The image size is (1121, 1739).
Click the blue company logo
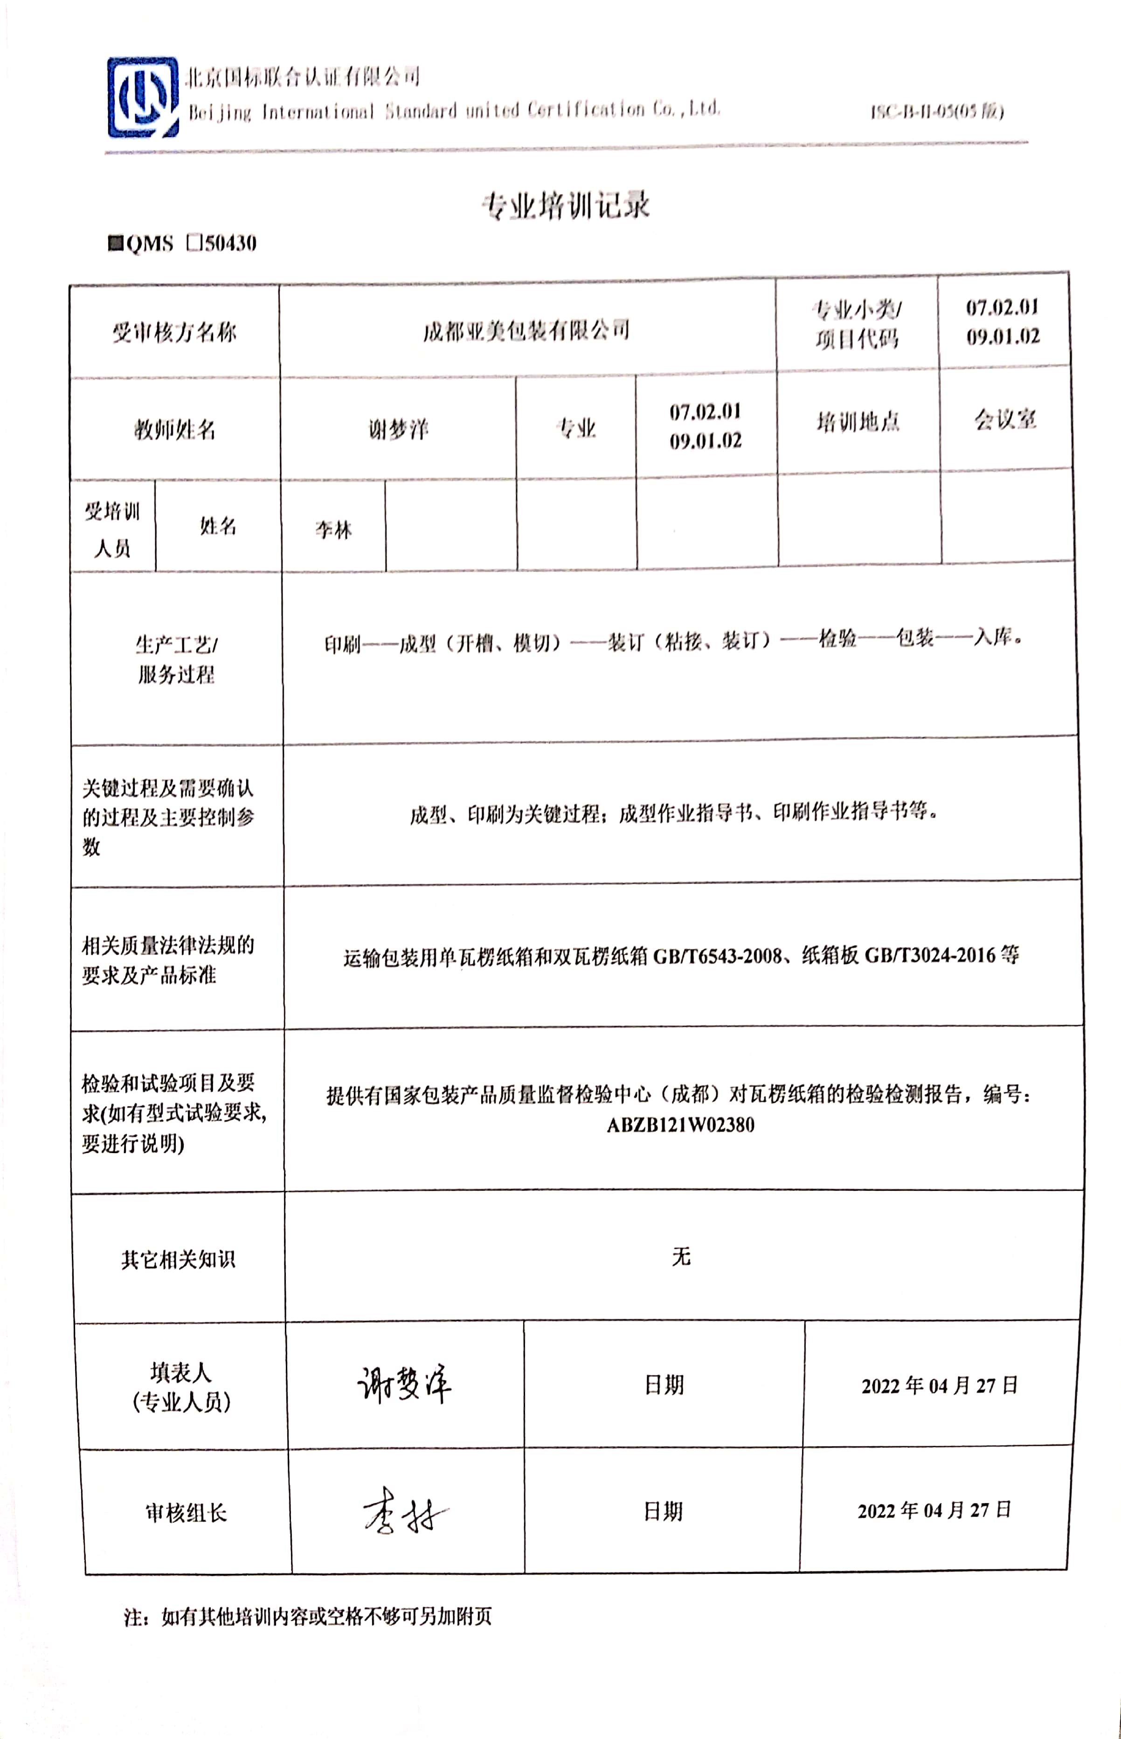(143, 97)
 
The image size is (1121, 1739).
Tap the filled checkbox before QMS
(115, 243)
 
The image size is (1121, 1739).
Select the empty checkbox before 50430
(194, 243)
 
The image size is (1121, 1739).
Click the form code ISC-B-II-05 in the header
(937, 111)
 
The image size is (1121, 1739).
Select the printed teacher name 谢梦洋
(397, 429)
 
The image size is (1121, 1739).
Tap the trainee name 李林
(333, 529)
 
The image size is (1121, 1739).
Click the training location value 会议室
(1005, 419)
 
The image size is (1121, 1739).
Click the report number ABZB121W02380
(681, 1125)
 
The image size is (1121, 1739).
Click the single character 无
(681, 1256)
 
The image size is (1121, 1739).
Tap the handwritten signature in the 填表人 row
(404, 1384)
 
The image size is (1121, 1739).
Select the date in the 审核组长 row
(934, 1511)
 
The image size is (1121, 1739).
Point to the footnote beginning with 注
(308, 1617)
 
